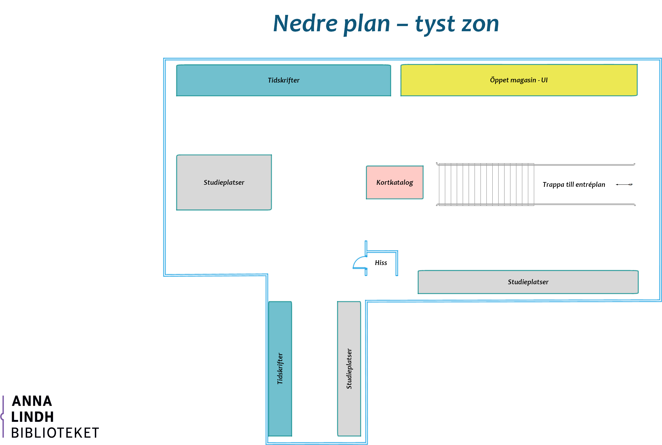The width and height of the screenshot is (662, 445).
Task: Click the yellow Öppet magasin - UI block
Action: pyautogui.click(x=519, y=80)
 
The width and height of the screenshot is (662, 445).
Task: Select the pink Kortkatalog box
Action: pyautogui.click(x=395, y=182)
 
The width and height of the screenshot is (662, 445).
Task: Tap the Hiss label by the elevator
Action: pyautogui.click(x=381, y=263)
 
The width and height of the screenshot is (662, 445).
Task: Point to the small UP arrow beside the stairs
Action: pyautogui.click(x=624, y=185)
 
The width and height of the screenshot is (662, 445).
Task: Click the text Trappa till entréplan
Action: pyautogui.click(x=574, y=185)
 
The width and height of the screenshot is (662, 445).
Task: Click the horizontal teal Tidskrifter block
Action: pyautogui.click(x=284, y=80)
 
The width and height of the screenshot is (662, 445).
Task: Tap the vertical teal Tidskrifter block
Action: pyautogui.click(x=280, y=369)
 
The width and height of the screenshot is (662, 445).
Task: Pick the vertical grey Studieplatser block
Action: pyautogui.click(x=349, y=369)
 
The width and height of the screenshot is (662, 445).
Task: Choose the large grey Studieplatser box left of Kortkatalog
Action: pyautogui.click(x=224, y=182)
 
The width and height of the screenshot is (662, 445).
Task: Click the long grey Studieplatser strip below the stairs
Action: pyautogui.click(x=528, y=282)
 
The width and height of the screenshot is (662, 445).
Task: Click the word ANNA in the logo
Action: pyautogui.click(x=32, y=401)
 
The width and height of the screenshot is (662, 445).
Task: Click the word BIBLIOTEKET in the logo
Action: pyautogui.click(x=55, y=433)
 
